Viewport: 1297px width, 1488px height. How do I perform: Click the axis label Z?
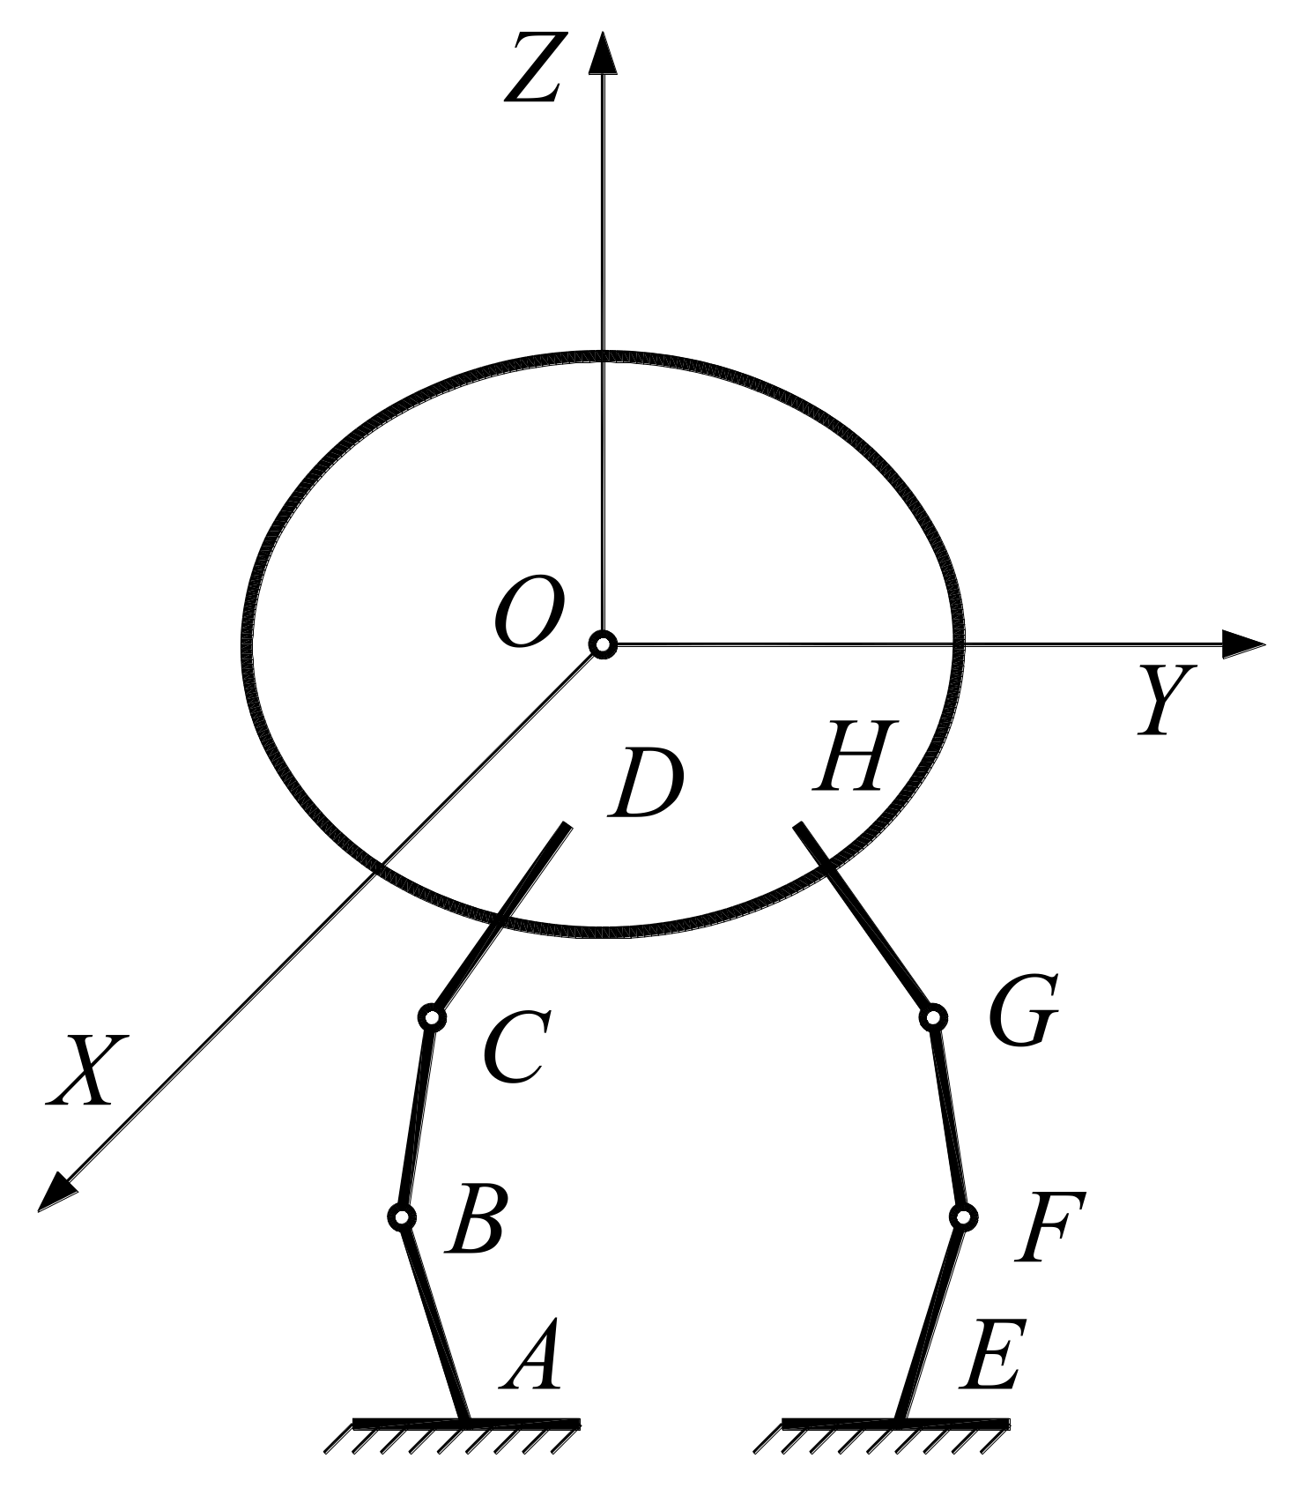(533, 71)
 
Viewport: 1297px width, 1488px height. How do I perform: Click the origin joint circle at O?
(603, 645)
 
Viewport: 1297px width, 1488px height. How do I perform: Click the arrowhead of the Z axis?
(603, 53)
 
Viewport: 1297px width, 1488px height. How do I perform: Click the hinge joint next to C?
(432, 1017)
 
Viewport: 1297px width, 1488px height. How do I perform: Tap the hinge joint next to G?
(933, 1017)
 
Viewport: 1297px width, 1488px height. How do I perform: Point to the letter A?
(532, 1357)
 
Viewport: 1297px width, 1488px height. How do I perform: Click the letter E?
(991, 1357)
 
